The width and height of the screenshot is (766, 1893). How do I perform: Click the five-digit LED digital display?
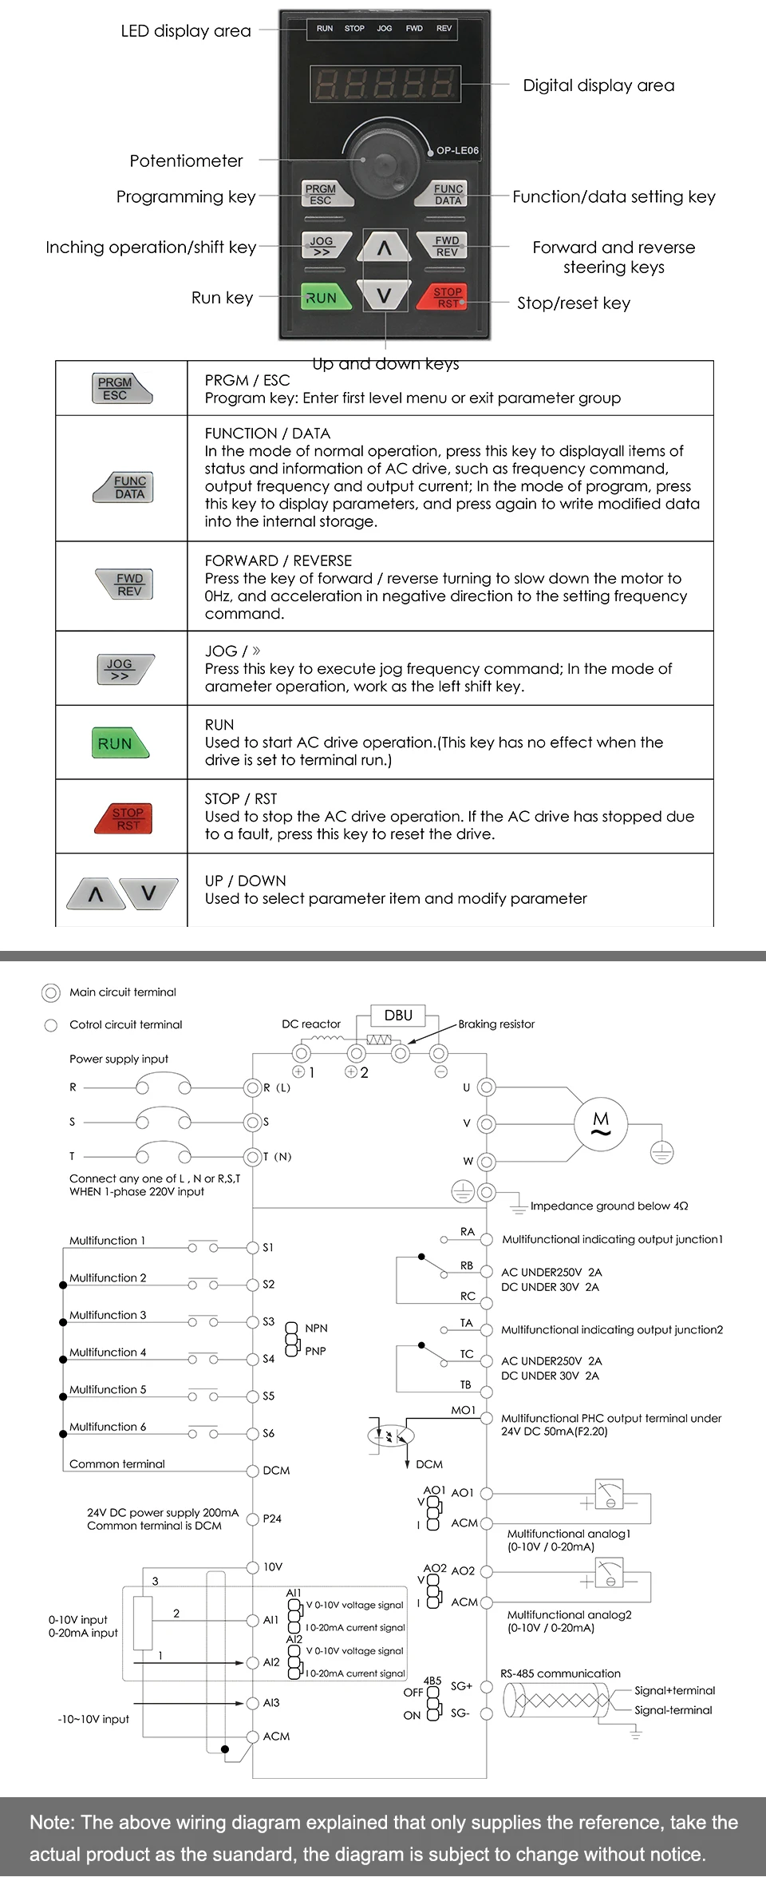click(x=385, y=84)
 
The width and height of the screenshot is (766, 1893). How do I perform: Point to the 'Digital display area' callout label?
click(x=598, y=85)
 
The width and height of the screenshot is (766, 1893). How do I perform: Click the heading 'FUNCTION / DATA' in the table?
click(x=267, y=434)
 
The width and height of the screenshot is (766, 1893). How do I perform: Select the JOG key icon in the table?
click(x=124, y=669)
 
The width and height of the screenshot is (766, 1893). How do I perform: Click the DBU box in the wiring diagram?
click(x=398, y=1016)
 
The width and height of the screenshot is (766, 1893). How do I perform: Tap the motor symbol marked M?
click(x=601, y=1123)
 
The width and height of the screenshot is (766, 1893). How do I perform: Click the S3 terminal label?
click(x=269, y=1321)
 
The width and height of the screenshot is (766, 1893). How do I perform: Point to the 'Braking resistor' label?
click(x=496, y=1024)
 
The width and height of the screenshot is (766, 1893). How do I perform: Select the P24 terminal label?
click(x=272, y=1519)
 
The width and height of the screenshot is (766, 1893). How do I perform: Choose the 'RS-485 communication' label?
click(x=560, y=1673)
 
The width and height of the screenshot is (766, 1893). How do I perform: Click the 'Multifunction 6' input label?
click(x=108, y=1427)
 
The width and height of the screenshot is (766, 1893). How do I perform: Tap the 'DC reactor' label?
click(x=311, y=1024)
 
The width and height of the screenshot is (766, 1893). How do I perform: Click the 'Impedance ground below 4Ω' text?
click(x=609, y=1206)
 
